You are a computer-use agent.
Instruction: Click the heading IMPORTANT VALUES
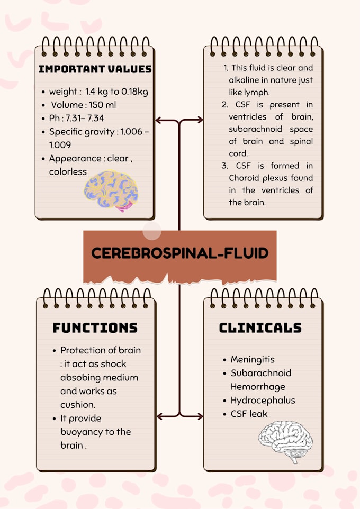(95, 69)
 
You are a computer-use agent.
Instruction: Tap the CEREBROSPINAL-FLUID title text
(179, 253)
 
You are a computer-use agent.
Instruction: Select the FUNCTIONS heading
(95, 328)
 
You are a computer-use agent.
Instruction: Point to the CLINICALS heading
(260, 328)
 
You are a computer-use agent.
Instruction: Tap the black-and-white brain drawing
(285, 441)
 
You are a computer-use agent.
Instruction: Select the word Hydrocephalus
(263, 400)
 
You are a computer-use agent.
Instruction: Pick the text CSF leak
(249, 414)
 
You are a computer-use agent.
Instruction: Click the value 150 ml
(102, 105)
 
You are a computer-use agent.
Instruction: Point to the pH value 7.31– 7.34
(85, 118)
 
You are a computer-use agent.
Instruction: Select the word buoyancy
(82, 432)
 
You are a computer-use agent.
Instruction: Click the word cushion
(77, 405)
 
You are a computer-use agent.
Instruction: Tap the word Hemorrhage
(258, 387)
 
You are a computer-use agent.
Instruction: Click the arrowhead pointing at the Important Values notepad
(158, 120)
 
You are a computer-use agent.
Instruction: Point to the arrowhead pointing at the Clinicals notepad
(200, 416)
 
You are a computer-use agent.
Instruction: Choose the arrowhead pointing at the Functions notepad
(160, 416)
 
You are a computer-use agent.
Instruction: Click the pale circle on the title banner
(152, 231)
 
